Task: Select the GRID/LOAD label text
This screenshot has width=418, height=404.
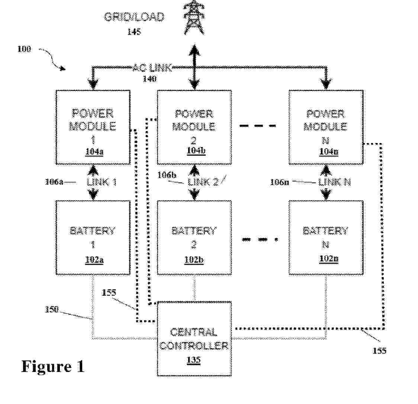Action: [x=134, y=17]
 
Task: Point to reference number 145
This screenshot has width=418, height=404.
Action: [x=134, y=32]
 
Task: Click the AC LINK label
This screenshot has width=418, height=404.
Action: [x=152, y=68]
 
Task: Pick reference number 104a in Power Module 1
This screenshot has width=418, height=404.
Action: [x=93, y=152]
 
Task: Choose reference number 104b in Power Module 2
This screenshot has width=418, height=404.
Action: [x=194, y=152]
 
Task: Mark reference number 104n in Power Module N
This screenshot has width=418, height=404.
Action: [x=326, y=152]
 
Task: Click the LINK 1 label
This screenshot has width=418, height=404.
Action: [x=102, y=182]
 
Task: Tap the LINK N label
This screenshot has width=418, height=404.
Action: [x=334, y=182]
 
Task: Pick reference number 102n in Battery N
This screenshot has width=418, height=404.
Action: [x=326, y=258]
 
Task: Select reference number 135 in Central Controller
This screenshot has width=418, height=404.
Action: [x=194, y=360]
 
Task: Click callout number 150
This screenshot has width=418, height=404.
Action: [x=52, y=309]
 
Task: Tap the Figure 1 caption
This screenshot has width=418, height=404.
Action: [x=53, y=366]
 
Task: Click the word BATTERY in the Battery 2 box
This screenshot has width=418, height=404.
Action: [x=194, y=231]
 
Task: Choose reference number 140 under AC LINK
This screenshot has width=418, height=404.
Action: [x=149, y=79]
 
